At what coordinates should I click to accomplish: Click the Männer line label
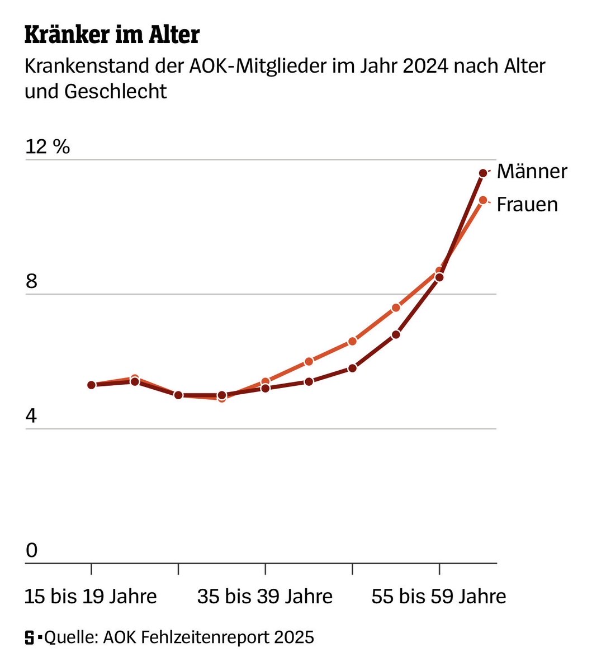coord(532,171)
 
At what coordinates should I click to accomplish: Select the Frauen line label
coord(527,205)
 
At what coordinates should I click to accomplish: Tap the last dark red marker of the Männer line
coord(483,173)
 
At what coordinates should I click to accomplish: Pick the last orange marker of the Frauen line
coord(483,200)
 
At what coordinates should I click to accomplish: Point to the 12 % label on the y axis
coord(48,147)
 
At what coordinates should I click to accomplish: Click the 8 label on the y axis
coord(31,281)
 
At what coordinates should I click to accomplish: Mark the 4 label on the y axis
coord(31,416)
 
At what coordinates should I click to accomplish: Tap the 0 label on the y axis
coord(31,551)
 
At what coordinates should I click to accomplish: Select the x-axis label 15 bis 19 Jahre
coord(91,597)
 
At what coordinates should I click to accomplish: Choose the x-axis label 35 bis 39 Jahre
coord(264,597)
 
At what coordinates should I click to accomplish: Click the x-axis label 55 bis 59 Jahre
coord(439,597)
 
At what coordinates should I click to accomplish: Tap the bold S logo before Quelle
coord(29,637)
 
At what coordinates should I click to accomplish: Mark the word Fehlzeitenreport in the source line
coord(205,637)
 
